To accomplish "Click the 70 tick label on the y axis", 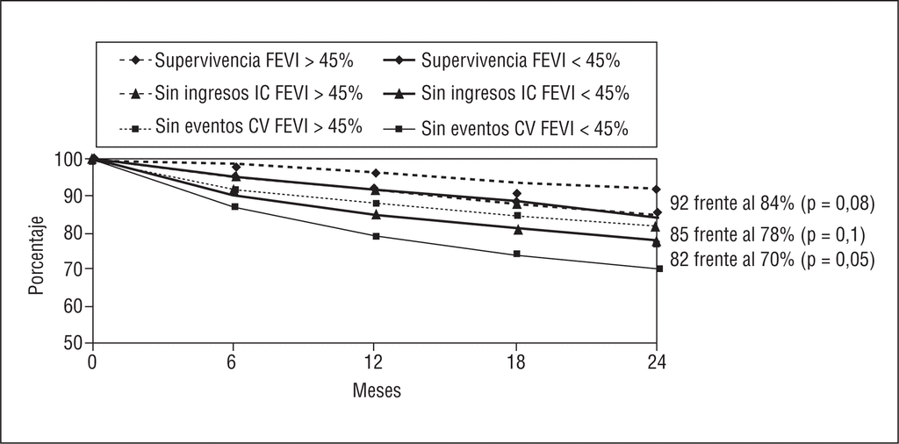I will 73,269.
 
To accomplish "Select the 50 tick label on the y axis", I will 73,343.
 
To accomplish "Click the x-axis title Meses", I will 377,390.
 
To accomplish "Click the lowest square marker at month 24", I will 658,269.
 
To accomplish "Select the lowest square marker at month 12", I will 376,236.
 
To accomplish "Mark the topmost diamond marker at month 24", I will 658,189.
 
